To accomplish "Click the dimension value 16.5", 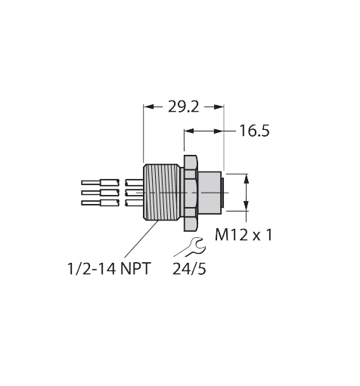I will point(254,131).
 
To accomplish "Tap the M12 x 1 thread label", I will point(244,235).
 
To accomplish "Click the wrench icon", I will point(189,247).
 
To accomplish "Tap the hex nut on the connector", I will point(191,192).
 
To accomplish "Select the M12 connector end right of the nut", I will point(211,192).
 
